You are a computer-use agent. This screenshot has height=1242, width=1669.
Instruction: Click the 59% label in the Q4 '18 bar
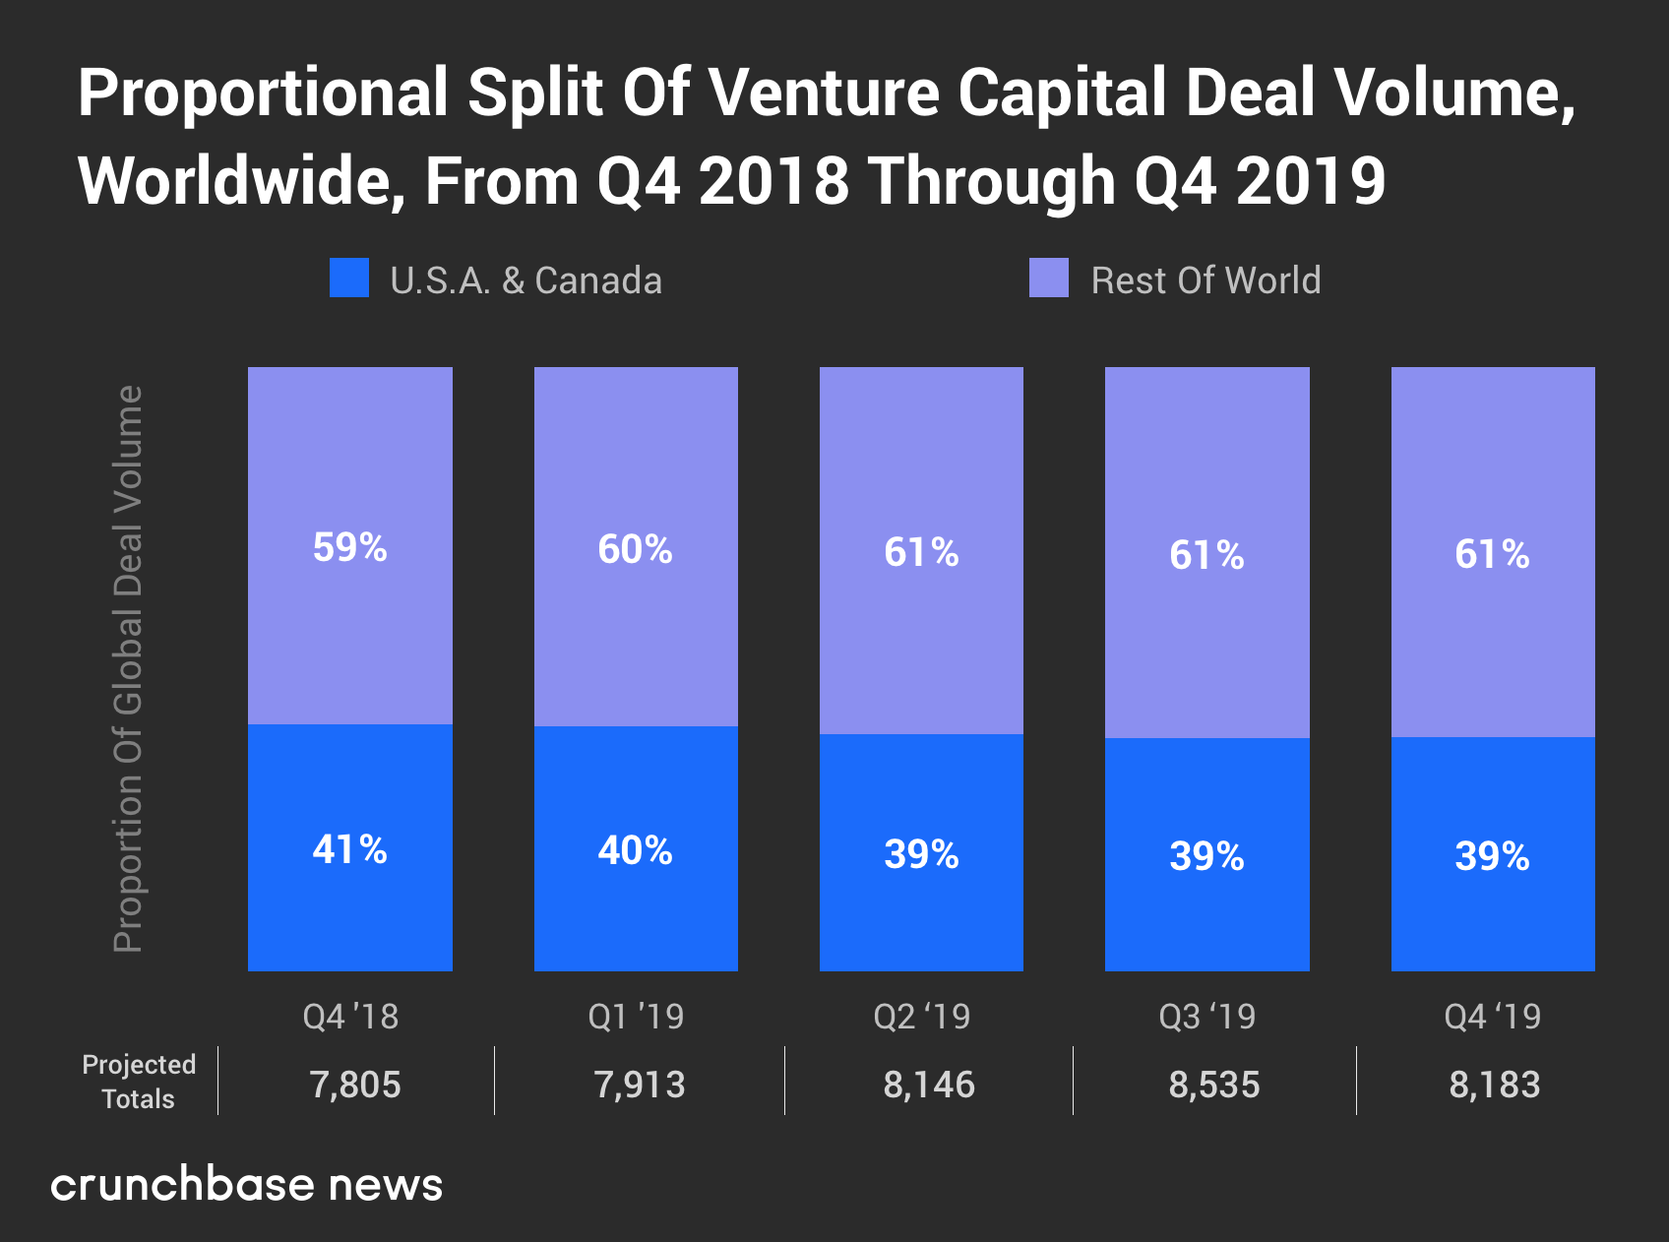350,547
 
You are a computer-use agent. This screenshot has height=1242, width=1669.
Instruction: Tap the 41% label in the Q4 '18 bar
350,849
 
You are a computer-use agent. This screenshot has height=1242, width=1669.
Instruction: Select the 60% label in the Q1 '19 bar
636,549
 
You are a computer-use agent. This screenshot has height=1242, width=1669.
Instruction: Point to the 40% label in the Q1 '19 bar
636,850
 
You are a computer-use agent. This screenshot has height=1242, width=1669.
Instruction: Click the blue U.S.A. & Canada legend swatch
349,279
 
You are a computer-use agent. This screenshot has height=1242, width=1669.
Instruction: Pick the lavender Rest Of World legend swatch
1049,279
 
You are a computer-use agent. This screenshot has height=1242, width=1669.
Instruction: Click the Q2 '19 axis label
922,1017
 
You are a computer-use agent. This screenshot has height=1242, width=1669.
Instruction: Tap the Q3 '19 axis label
1207,1017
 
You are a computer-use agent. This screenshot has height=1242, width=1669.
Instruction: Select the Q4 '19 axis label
1493,1017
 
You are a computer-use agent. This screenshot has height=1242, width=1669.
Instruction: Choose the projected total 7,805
355,1085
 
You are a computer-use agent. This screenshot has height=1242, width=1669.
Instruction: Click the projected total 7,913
640,1085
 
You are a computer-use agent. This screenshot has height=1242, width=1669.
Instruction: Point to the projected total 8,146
929,1085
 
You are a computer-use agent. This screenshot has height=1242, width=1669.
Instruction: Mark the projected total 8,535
1214,1085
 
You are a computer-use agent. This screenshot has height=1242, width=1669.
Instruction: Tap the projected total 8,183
1495,1085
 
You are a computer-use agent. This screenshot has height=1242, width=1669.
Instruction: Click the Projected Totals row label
139,1082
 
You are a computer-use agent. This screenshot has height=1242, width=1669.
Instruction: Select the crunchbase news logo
247,1184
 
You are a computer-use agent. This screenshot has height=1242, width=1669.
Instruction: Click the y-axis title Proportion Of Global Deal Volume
129,669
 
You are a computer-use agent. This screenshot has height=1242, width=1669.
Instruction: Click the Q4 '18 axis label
350,1017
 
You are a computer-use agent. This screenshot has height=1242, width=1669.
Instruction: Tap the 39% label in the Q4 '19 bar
1493,856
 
